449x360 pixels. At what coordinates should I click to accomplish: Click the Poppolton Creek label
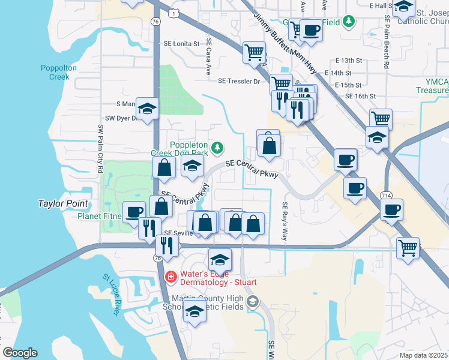[59, 72]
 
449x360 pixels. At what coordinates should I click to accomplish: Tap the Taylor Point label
[63, 203]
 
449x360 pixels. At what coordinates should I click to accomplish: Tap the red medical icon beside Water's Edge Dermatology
[170, 277]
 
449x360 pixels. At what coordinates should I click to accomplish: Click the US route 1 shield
[173, 12]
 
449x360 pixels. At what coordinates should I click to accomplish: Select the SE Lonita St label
[181, 44]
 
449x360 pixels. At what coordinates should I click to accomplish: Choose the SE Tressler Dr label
[238, 81]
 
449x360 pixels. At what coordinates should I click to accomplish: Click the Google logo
[20, 353]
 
